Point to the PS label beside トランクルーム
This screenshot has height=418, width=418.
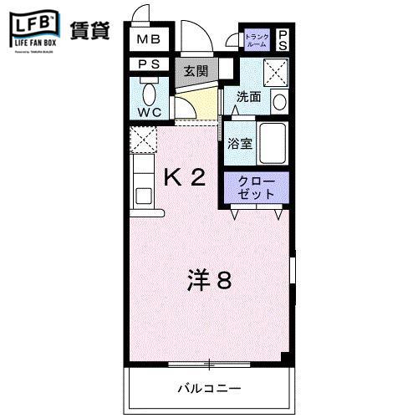pos(283,40)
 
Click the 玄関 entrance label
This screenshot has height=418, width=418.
pos(196,70)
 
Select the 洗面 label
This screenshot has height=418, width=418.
pos(248,97)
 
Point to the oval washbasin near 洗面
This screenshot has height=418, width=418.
pos(279,101)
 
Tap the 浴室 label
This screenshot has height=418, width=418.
pos(241,143)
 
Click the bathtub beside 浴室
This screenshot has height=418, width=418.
pos(273,143)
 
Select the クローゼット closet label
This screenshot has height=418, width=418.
pos(256,187)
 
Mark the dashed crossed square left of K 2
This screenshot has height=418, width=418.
pos(143,139)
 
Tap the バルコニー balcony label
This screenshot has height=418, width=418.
pos(209,389)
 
